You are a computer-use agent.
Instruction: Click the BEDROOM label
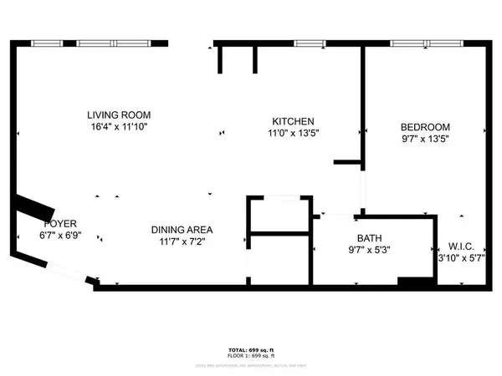[x=424, y=127]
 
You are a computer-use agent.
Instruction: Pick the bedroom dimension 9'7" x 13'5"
[x=424, y=140]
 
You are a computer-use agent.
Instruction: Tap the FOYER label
[x=60, y=225]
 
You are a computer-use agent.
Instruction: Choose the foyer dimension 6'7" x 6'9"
[x=60, y=236]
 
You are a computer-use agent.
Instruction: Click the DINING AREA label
[x=182, y=230]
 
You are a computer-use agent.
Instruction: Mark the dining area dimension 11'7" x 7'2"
[x=182, y=241]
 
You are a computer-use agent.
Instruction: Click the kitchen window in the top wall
[x=310, y=43]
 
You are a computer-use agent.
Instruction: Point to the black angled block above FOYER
[x=34, y=206]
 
